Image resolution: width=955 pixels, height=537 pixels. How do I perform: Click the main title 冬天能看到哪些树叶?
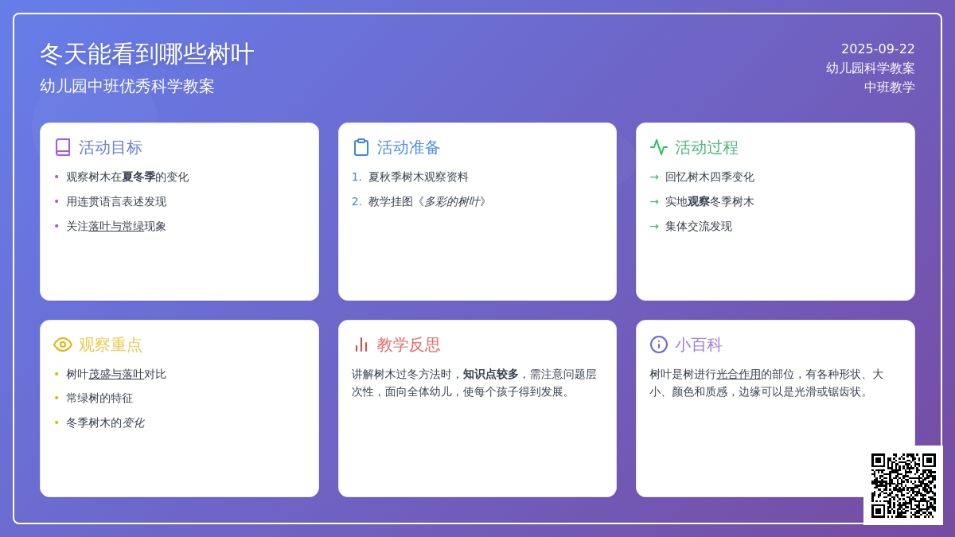point(147,54)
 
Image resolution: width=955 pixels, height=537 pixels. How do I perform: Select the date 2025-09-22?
point(878,49)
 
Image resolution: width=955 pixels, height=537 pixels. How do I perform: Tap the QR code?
point(903,485)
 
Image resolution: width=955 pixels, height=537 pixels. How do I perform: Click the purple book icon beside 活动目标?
point(63,147)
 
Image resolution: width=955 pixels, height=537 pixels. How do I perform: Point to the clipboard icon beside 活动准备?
point(361,147)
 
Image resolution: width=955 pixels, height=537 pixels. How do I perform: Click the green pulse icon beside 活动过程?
point(659,147)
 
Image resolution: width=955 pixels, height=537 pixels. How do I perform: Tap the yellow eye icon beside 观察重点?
point(63,344)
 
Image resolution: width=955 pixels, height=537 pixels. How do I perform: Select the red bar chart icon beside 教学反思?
point(361,344)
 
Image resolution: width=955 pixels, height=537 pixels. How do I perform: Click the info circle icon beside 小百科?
point(659,344)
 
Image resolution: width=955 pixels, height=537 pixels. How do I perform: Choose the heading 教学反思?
point(408,344)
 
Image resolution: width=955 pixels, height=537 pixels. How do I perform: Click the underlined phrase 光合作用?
point(739,374)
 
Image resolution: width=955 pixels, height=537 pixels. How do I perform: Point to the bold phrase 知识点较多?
point(490,374)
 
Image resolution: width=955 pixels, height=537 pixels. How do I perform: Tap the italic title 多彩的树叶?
point(452,201)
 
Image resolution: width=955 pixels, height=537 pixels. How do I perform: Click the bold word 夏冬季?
point(138,177)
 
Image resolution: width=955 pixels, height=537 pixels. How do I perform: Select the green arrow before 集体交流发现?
point(654,226)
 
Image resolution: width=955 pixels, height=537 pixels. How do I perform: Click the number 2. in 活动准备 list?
point(357,201)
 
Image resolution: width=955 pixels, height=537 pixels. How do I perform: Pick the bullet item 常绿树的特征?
point(99,398)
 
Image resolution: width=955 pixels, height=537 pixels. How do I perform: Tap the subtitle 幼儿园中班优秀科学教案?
point(127,86)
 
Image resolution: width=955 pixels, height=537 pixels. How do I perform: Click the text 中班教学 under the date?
point(890,87)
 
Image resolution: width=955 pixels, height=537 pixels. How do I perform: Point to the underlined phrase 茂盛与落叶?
point(116,374)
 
